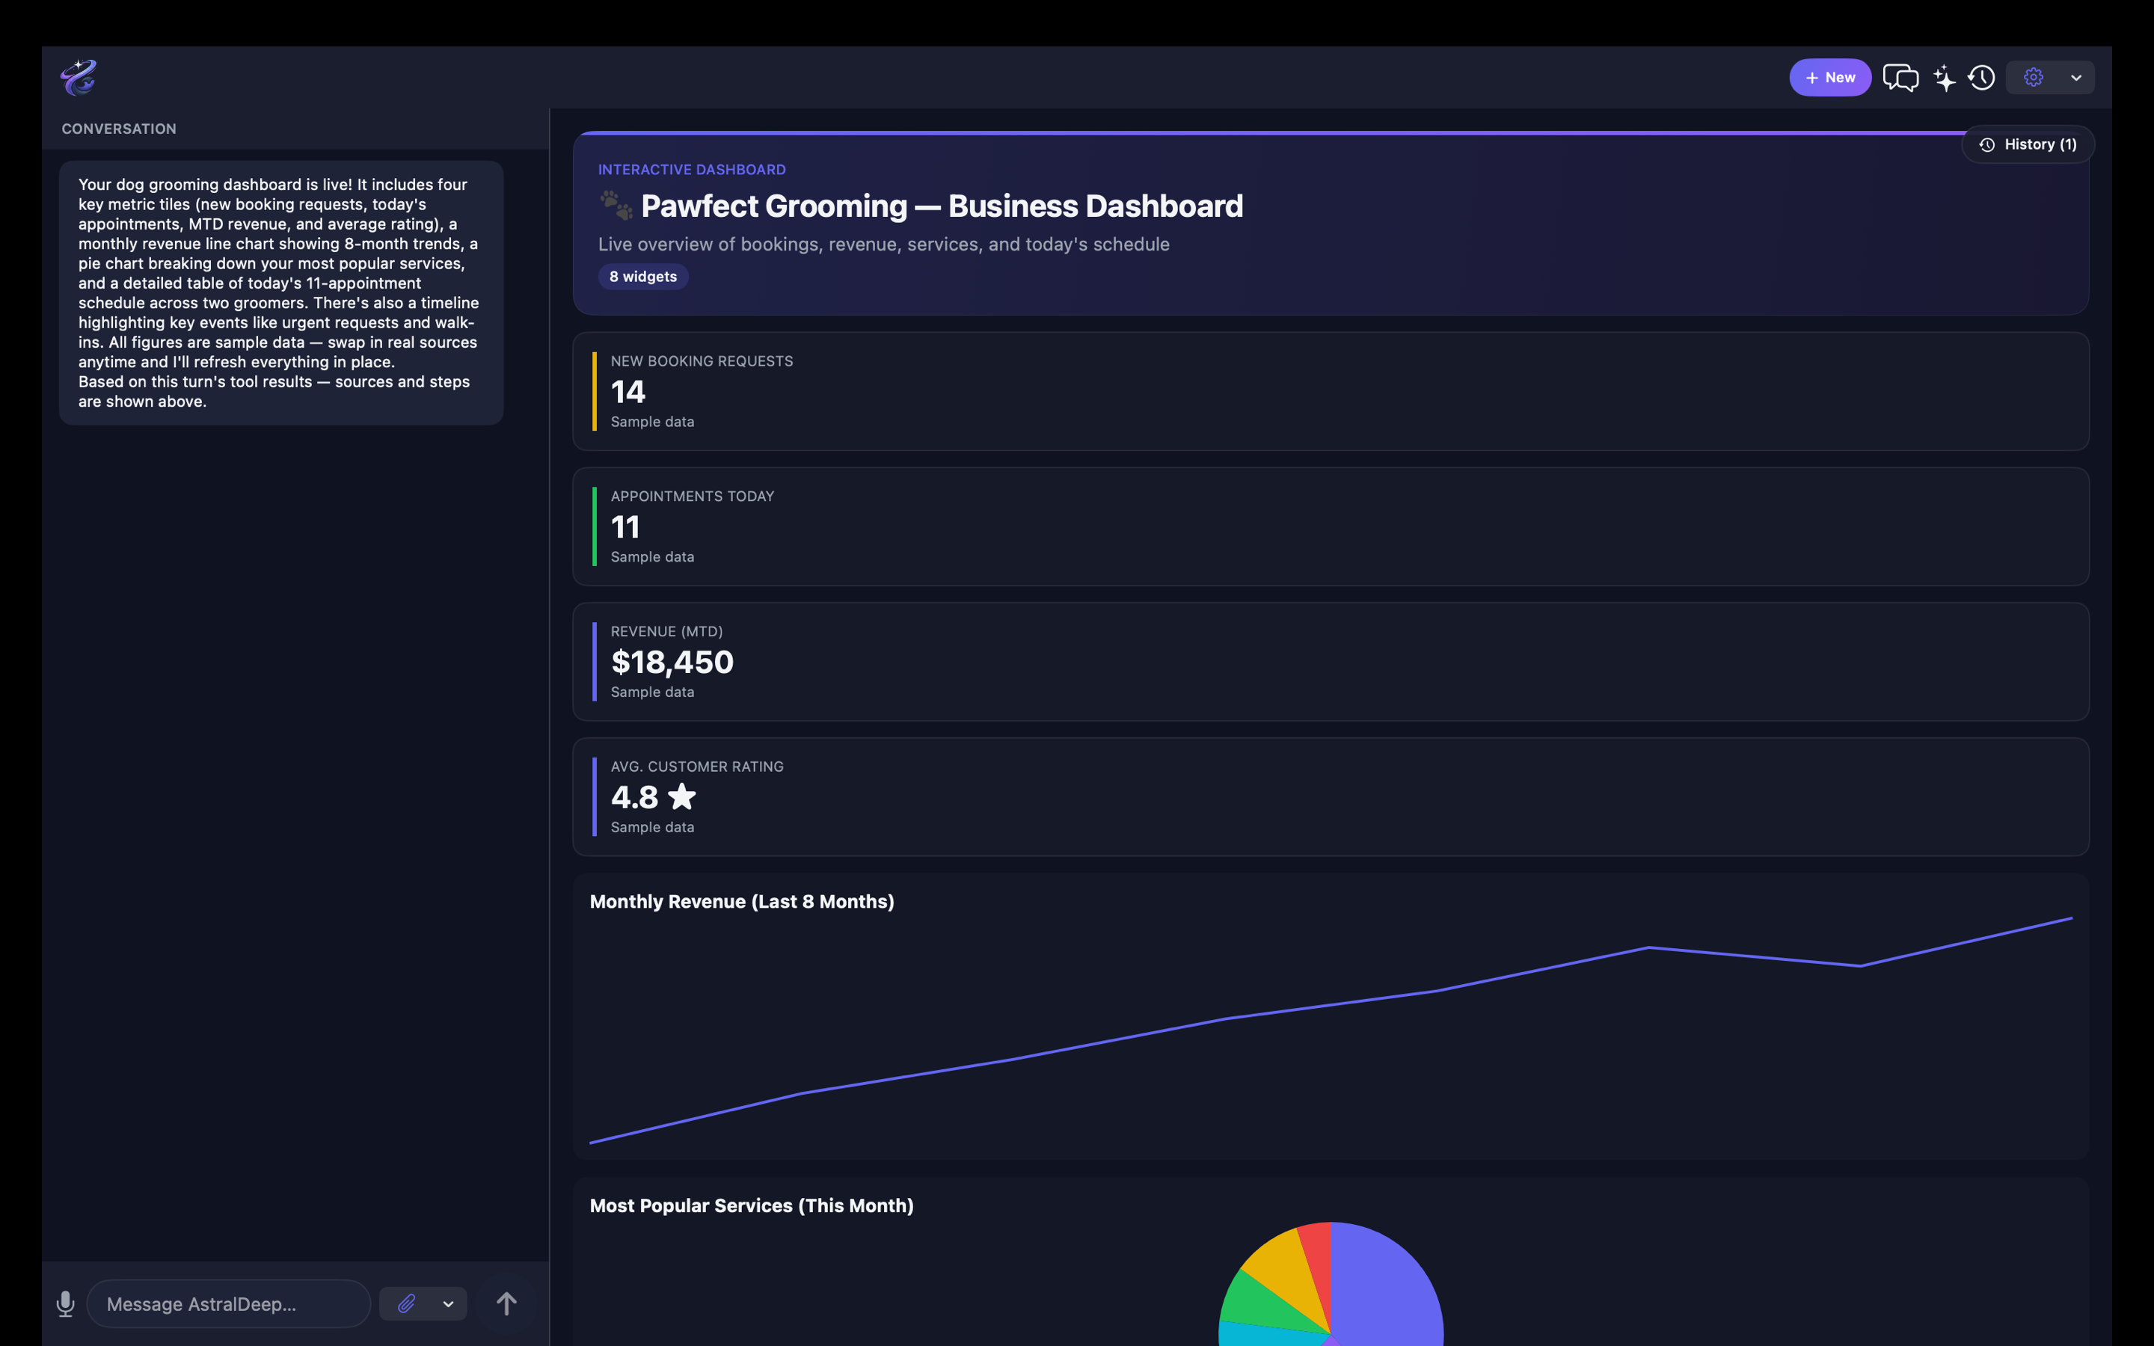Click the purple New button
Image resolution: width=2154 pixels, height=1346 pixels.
[1830, 78]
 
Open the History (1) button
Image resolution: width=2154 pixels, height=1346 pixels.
[2028, 144]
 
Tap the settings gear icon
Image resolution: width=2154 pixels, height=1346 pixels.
[2033, 78]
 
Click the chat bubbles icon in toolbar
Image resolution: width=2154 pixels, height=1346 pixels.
[1900, 78]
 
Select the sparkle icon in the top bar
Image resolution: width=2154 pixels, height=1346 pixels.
[1945, 78]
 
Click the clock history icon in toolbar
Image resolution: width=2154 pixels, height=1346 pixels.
[1981, 78]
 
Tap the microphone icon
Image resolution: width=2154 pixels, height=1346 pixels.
[65, 1304]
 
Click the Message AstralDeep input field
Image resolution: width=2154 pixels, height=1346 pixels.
[229, 1304]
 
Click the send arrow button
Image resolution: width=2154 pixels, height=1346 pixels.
[506, 1304]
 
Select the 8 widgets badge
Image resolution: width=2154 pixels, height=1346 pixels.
[642, 277]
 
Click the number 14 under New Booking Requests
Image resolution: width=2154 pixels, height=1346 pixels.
[628, 392]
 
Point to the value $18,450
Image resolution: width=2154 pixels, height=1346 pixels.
[672, 663]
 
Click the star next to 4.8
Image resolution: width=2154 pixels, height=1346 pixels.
[682, 796]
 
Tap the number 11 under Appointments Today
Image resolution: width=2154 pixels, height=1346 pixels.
[625, 527]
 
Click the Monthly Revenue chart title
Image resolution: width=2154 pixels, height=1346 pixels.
[741, 902]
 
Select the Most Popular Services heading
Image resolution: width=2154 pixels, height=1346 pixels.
[751, 1206]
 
